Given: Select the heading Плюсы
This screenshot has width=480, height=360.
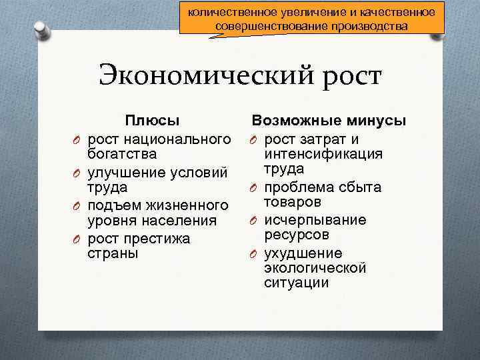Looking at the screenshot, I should [153, 121].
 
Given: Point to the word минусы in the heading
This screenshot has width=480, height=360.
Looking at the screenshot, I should [377, 121].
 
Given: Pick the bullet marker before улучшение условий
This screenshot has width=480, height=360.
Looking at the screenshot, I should [77, 172].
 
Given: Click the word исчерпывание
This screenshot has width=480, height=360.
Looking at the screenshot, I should [314, 220].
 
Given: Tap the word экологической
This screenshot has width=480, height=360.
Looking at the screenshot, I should [315, 268].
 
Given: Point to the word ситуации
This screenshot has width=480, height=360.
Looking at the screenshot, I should [296, 283].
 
